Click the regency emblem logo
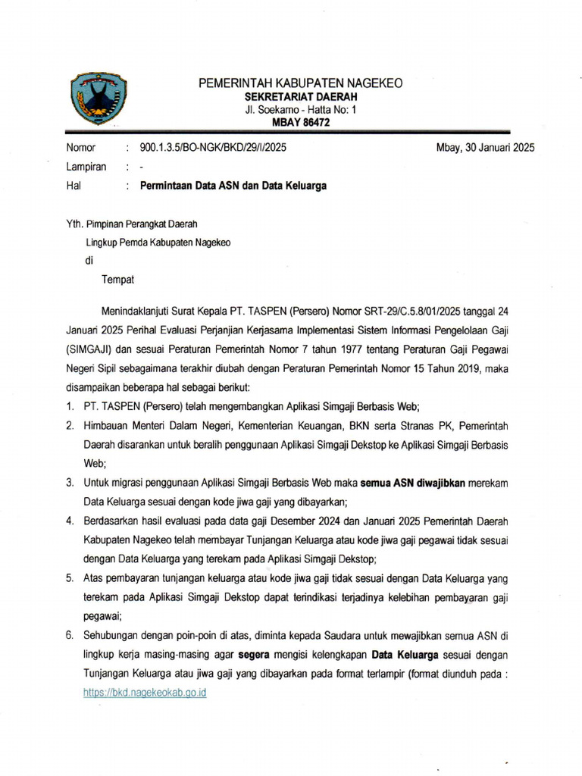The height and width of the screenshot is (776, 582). click(95, 99)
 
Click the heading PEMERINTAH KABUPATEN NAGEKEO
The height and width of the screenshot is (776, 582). click(300, 83)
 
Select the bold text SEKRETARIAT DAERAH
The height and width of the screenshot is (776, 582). click(300, 97)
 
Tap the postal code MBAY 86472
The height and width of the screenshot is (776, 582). click(300, 124)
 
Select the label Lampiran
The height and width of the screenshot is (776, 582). click(86, 167)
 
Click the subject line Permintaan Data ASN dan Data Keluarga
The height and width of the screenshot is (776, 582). click(228, 186)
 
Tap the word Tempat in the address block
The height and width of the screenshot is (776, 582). click(117, 280)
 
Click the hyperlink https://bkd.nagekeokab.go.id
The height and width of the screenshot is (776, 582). click(145, 693)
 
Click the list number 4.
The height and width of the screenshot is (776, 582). click(70, 521)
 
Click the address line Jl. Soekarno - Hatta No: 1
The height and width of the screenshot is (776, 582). click(300, 111)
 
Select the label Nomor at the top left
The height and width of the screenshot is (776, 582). click(82, 148)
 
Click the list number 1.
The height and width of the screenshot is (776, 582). click(70, 408)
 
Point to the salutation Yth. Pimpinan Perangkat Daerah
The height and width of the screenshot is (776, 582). click(134, 224)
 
